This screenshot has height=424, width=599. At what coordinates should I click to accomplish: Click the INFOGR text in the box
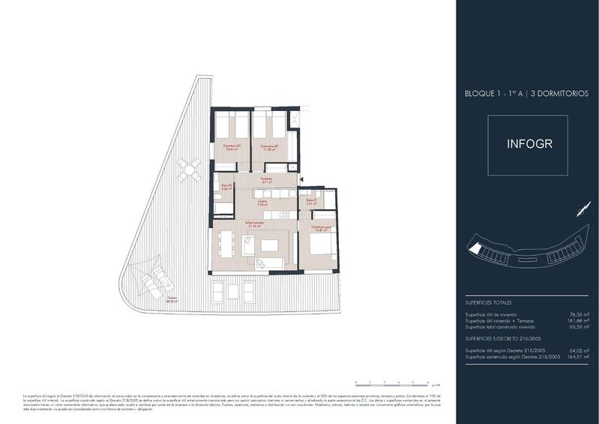coord(530,143)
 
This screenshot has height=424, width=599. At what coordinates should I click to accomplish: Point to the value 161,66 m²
coord(578,321)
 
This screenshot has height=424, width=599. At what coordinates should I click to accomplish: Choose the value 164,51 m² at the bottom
coord(578,356)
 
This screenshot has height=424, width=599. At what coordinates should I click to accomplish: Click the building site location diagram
coord(529,251)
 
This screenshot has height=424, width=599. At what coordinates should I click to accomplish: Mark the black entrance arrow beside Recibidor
coord(300,179)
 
